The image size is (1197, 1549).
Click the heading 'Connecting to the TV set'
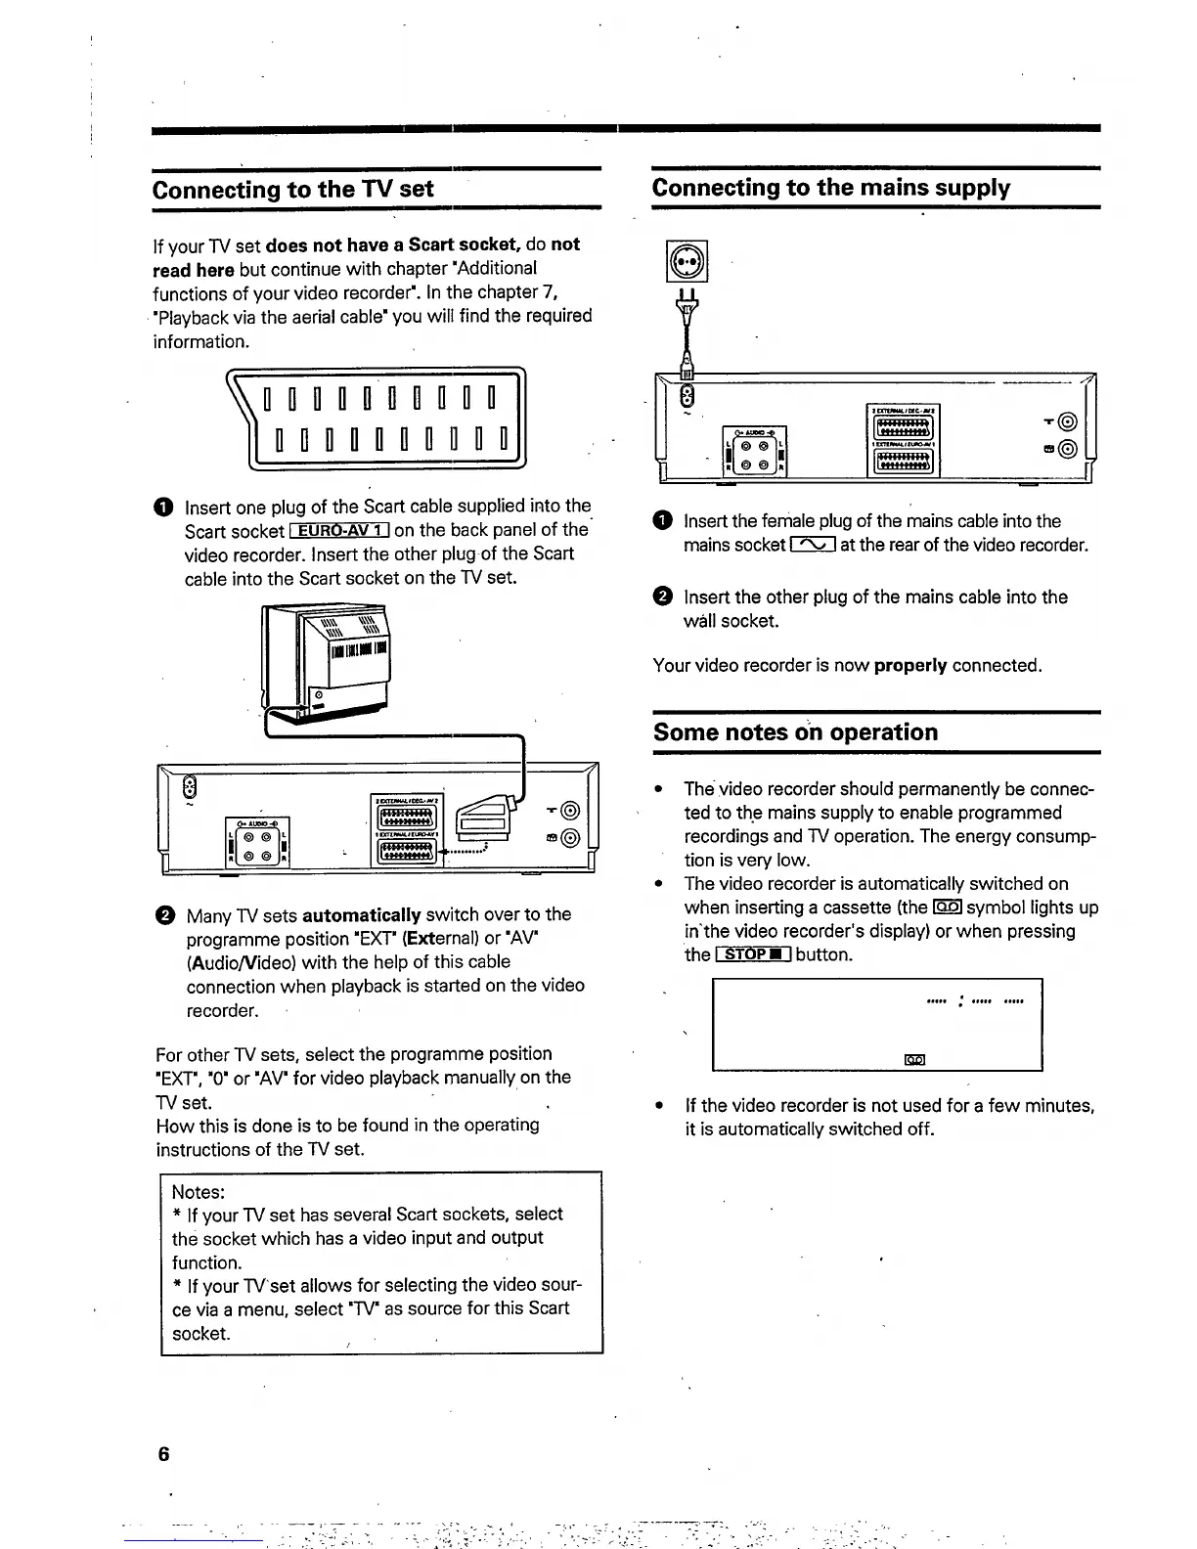pyautogui.click(x=292, y=189)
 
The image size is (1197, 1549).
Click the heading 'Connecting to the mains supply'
pyautogui.click(x=830, y=188)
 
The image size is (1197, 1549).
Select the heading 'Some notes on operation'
pyautogui.click(x=795, y=731)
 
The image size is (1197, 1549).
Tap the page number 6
pyautogui.click(x=163, y=1454)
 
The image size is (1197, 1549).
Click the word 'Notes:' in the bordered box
pyautogui.click(x=199, y=1191)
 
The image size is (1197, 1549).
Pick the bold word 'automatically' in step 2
pyautogui.click(x=362, y=915)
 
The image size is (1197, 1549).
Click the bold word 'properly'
pyautogui.click(x=910, y=666)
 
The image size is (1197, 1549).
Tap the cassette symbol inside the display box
pyautogui.click(x=914, y=1059)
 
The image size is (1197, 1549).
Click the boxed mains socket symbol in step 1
pyautogui.click(x=812, y=546)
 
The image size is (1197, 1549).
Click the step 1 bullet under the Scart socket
pyautogui.click(x=162, y=508)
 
